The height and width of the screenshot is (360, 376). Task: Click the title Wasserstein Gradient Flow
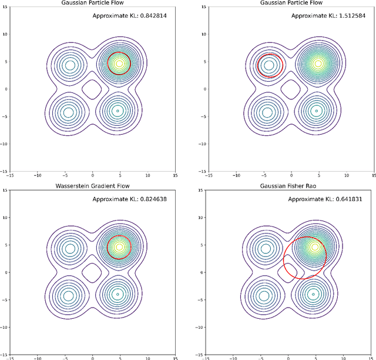[92, 186]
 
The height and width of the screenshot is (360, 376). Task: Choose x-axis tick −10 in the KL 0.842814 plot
[37, 175]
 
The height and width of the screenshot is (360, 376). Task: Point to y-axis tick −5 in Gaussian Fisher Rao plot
[200, 299]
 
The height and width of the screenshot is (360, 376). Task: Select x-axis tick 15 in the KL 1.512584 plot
[372, 175]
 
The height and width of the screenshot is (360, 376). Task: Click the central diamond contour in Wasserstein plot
[92, 272]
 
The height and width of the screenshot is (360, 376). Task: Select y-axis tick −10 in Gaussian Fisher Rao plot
[199, 326]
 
